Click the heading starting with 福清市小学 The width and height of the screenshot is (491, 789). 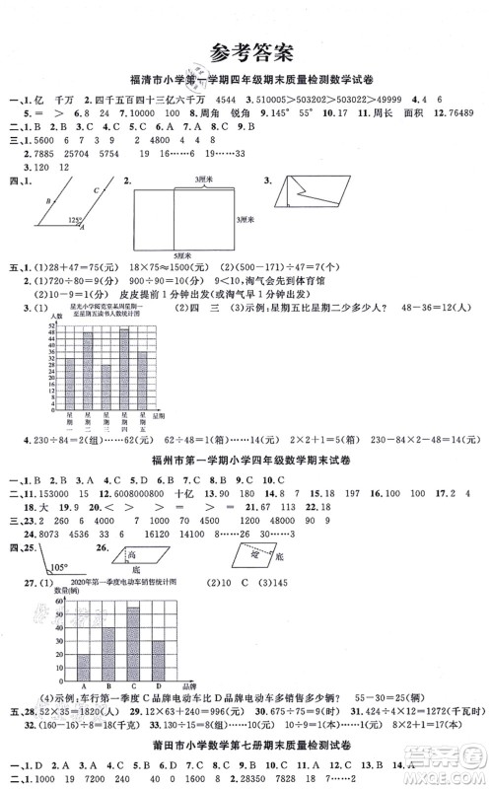(x=245, y=80)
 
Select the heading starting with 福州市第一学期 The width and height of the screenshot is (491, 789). (x=246, y=463)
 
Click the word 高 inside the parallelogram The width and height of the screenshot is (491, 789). (x=132, y=555)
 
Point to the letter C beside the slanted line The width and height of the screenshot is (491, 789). (x=96, y=190)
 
